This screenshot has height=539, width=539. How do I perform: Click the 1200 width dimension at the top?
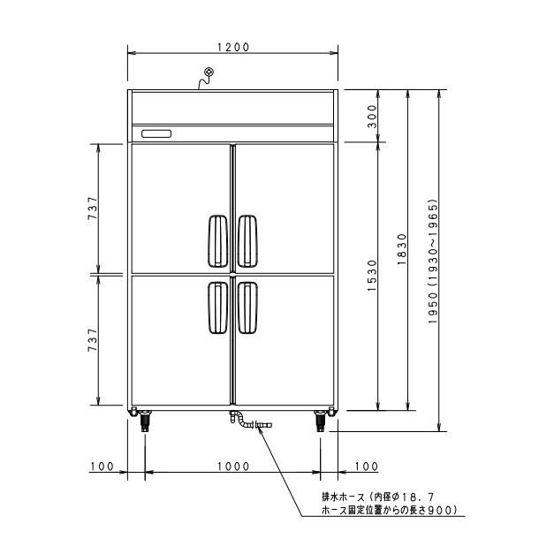pyautogui.click(x=232, y=47)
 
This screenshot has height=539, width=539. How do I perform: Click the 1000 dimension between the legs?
pyautogui.click(x=233, y=466)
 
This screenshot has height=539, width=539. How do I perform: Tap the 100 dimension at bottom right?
pyautogui.click(x=365, y=466)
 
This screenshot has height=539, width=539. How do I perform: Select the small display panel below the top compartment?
pyautogui.click(x=156, y=133)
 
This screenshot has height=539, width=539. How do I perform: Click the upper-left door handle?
pyautogui.click(x=216, y=240)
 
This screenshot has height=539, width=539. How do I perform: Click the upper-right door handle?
pyautogui.click(x=248, y=240)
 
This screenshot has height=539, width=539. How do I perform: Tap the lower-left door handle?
pyautogui.click(x=216, y=309)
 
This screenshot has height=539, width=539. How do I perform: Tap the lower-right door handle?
pyautogui.click(x=248, y=309)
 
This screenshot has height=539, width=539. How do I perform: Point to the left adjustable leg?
pyautogui.click(x=144, y=421)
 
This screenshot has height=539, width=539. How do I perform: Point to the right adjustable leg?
pyautogui.click(x=321, y=421)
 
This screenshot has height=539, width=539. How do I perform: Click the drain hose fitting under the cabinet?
pyautogui.click(x=252, y=424)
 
